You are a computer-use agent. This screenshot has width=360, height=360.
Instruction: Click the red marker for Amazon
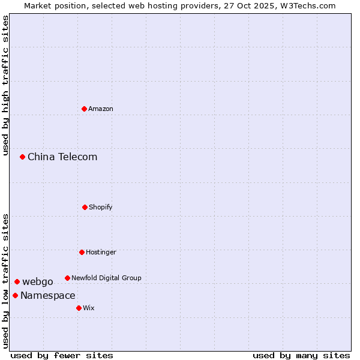(84, 109)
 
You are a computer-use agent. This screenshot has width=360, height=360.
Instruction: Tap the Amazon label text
(101, 109)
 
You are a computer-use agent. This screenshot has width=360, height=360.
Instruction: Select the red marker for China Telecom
(22, 157)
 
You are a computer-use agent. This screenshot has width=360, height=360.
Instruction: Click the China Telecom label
(62, 157)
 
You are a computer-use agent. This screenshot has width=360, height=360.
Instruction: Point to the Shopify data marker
(85, 207)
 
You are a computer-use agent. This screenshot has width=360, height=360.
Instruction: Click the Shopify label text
(101, 208)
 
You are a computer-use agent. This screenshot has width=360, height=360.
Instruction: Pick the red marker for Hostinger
(82, 252)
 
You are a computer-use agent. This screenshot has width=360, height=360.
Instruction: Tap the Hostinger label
(101, 253)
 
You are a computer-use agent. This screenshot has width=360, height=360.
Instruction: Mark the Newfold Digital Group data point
(67, 278)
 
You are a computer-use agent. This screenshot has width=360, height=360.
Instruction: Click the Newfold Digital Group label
(106, 278)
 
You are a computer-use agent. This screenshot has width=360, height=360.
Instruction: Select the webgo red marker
(17, 281)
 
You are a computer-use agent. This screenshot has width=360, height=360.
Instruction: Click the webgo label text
(38, 282)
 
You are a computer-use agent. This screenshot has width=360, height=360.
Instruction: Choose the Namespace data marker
(15, 295)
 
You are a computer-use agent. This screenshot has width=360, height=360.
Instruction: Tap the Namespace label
(48, 296)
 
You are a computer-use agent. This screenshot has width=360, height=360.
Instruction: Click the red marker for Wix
(79, 308)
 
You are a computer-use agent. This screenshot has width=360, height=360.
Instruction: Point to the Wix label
(89, 308)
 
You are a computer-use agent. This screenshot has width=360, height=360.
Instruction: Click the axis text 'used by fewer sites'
(62, 355)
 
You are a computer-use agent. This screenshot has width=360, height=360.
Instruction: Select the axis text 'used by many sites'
(301, 355)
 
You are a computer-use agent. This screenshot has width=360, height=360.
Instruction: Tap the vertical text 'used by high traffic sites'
(5, 85)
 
